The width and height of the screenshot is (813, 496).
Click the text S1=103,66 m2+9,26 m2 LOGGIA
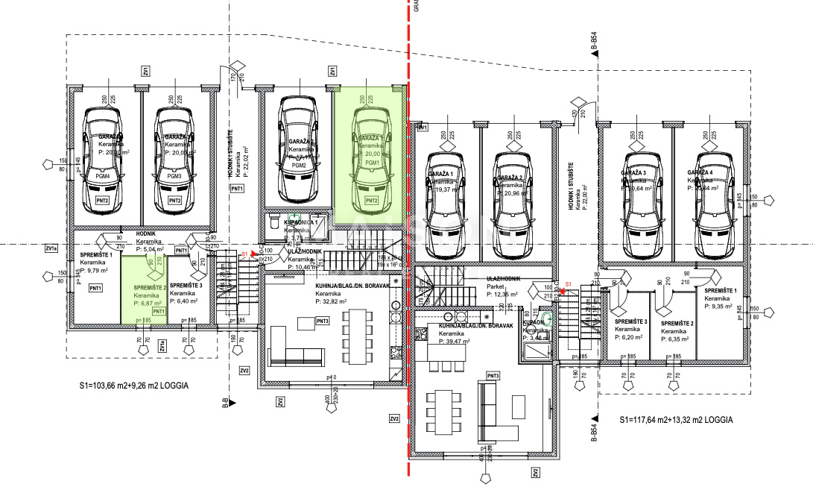pos(133,387)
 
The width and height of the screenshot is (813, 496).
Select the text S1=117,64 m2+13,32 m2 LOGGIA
pos(676,420)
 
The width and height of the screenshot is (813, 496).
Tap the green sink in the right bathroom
pos(548,318)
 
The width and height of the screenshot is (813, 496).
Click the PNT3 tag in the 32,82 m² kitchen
pos(323,321)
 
